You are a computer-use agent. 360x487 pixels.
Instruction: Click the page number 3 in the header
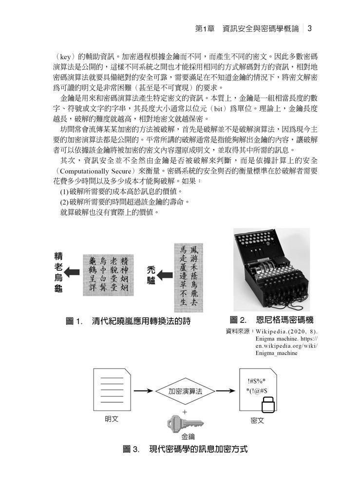click(x=309, y=28)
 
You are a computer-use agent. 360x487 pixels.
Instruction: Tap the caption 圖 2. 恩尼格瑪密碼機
click(x=271, y=320)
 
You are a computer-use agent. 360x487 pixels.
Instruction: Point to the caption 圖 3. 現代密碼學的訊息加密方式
click(x=185, y=449)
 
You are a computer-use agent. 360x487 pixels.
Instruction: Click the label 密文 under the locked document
click(x=257, y=420)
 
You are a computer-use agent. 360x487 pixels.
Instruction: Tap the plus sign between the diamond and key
click(x=185, y=412)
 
